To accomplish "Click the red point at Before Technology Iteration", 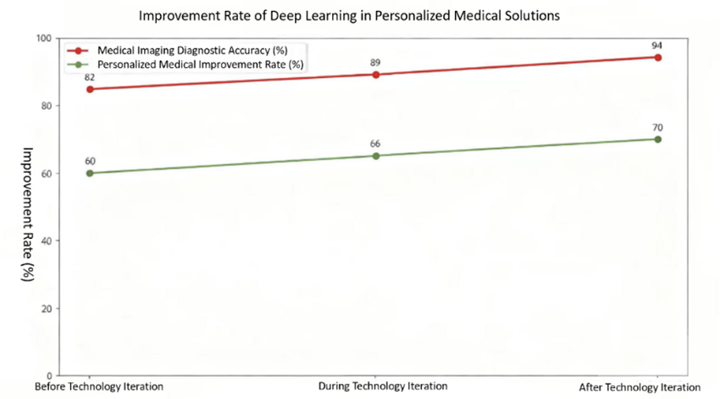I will pyautogui.click(x=90, y=89).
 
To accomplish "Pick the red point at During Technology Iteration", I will pyautogui.click(x=376, y=75).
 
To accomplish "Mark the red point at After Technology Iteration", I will pyautogui.click(x=657, y=58).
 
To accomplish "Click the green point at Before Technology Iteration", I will pyautogui.click(x=90, y=173).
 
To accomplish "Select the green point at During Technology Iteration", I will pyautogui.click(x=376, y=156).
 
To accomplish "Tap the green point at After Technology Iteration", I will pyautogui.click(x=657, y=139).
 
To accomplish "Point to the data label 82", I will pyautogui.click(x=90, y=76).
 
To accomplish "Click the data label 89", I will pyautogui.click(x=376, y=62).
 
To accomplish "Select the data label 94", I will pyautogui.click(x=657, y=45).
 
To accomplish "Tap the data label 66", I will pyautogui.click(x=375, y=144).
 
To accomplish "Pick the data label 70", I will pyautogui.click(x=657, y=127).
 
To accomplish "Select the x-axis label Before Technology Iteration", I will pyautogui.click(x=98, y=387).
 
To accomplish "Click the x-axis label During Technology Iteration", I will pyautogui.click(x=383, y=387).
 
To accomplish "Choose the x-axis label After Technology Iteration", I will pyautogui.click(x=651, y=387).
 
